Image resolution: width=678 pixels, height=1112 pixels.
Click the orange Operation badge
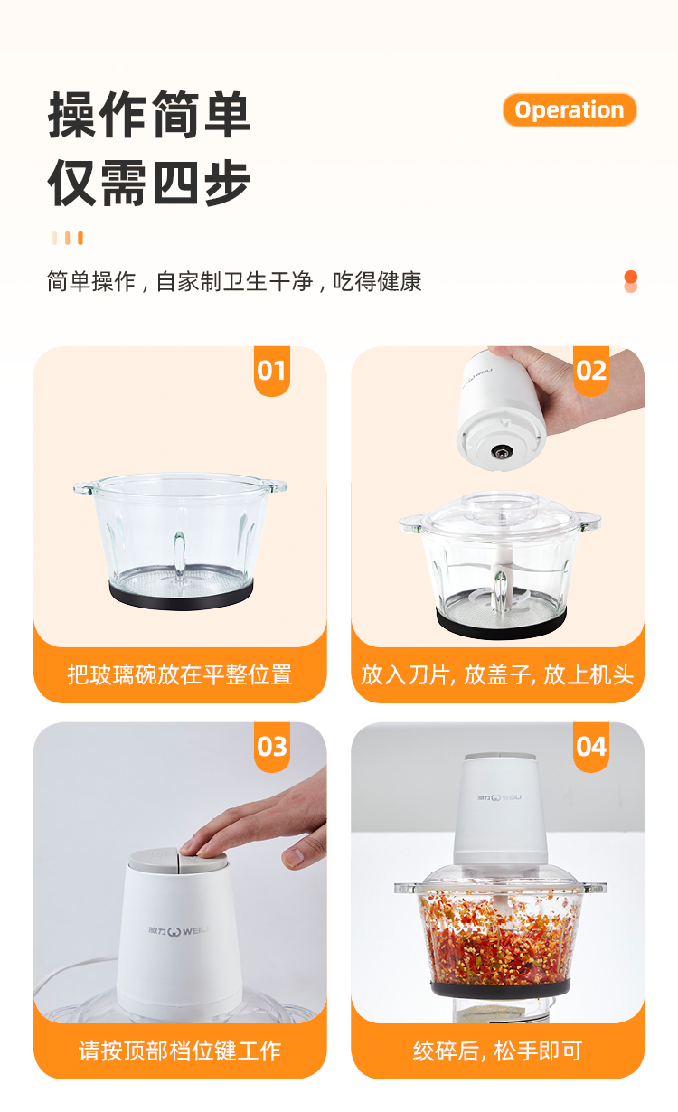(570, 109)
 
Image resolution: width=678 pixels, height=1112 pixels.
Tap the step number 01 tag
(271, 371)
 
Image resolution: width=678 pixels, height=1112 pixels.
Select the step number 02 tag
(590, 371)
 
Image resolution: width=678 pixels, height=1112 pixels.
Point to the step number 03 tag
(271, 747)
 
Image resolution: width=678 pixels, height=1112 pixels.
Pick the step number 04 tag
(590, 747)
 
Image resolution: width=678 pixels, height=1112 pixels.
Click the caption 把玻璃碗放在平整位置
(180, 674)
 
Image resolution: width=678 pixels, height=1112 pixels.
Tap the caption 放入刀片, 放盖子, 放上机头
(497, 674)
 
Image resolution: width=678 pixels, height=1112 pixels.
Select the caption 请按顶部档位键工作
(180, 1051)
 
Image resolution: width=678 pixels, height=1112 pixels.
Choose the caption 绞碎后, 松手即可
(497, 1051)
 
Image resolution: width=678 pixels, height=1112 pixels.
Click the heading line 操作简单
(149, 115)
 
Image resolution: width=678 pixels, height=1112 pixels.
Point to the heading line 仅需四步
(149, 183)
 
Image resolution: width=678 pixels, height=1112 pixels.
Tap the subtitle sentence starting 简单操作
(234, 281)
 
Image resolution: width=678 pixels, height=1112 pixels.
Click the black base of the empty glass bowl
(181, 594)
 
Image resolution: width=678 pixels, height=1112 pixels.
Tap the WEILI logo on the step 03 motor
(179, 931)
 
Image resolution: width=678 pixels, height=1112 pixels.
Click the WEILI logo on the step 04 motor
(499, 797)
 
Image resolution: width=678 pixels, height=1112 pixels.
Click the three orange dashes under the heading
(67, 238)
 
